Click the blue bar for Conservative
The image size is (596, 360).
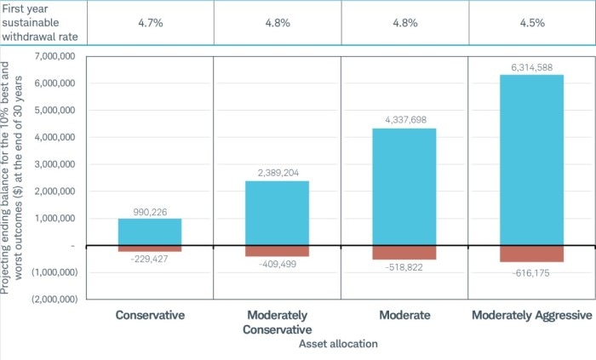point(150,231)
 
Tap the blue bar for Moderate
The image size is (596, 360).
point(404,186)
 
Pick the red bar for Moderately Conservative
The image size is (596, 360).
point(278,251)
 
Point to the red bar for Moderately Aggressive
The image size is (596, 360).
point(531,254)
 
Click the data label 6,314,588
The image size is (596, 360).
point(531,66)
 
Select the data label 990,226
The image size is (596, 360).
point(150,210)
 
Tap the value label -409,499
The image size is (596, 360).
point(278,265)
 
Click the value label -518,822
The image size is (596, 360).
point(404,267)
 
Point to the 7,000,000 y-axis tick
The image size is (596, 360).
point(54,56)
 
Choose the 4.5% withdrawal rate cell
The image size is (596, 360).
point(531,23)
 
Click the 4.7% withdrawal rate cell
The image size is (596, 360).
point(150,23)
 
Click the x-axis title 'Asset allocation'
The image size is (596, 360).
point(338,344)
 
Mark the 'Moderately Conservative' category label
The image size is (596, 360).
point(278,322)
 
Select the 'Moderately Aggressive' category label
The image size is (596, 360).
point(531,315)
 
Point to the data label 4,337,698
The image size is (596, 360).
point(404,120)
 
